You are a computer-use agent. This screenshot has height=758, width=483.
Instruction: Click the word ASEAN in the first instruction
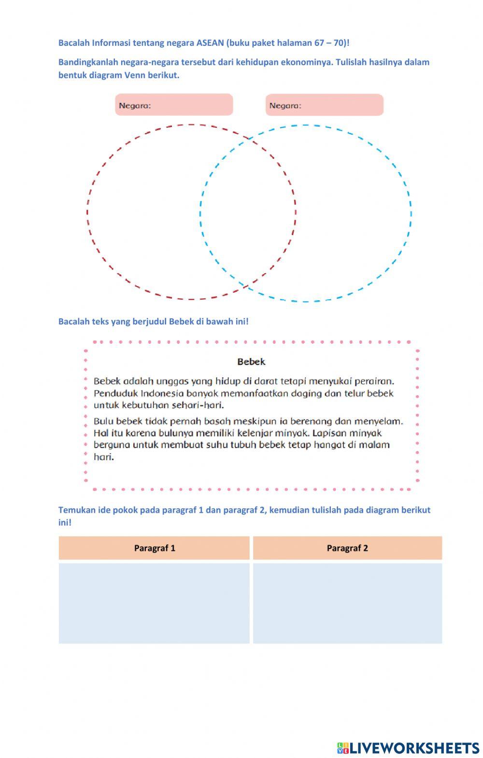point(211,42)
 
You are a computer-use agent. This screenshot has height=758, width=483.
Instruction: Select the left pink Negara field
point(174,105)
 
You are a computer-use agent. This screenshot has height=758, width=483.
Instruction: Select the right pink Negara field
point(324,105)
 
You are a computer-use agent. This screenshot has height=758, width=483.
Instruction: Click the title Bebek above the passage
point(251,362)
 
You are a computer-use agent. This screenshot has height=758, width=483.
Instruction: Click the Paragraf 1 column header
point(155,548)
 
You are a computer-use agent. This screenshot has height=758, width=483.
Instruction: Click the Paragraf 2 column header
point(347,548)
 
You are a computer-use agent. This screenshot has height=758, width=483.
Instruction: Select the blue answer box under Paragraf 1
point(155,603)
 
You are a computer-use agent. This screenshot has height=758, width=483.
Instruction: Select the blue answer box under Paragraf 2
point(347,603)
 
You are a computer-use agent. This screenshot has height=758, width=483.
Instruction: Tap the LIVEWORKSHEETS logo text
point(414,748)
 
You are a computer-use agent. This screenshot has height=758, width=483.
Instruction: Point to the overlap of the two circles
point(248,212)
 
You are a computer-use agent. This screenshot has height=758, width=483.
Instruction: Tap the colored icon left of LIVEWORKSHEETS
point(343,748)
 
